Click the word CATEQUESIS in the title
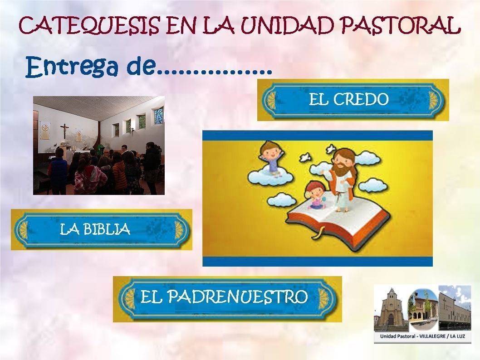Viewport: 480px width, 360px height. (x=89, y=25)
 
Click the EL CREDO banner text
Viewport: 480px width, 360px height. (x=348, y=99)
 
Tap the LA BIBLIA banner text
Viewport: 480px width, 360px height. (x=95, y=229)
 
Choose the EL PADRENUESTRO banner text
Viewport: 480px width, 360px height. (x=224, y=297)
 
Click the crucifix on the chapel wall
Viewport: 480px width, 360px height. (x=64, y=131)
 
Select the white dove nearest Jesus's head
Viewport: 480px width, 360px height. (x=331, y=149)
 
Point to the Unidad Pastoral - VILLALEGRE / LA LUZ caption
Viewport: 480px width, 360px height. (x=422, y=336)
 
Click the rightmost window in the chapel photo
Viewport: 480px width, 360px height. (x=159, y=115)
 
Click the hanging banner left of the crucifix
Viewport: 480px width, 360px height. (x=45, y=131)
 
